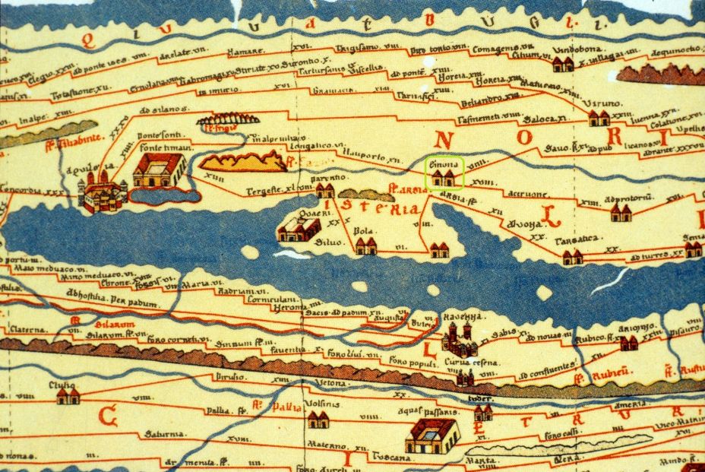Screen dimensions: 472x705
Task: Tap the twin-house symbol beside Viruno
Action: [x=599, y=118]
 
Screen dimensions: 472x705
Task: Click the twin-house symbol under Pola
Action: [x=366, y=246]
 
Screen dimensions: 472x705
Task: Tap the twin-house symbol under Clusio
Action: [x=68, y=396]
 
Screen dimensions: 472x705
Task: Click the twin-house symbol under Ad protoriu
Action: [x=620, y=214]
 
